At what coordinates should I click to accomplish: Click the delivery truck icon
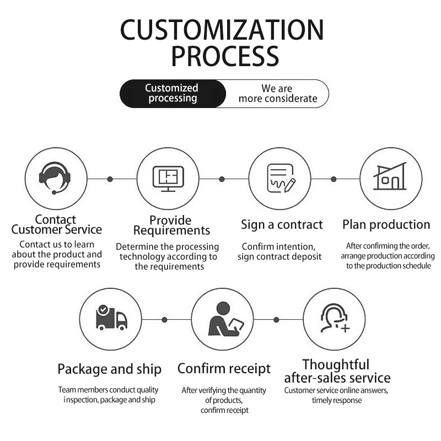point(111,318)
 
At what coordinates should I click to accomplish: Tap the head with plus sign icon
point(334,319)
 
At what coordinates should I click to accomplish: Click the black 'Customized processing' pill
point(172,93)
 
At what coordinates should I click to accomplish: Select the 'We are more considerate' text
point(277,94)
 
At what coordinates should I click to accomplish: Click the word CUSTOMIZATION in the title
point(222,30)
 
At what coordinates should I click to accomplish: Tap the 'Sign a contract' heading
point(282,224)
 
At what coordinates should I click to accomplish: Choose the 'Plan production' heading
point(386,224)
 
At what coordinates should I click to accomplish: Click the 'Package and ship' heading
point(109,369)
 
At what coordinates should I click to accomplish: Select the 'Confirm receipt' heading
point(224,368)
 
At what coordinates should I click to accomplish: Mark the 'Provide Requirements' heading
point(171,225)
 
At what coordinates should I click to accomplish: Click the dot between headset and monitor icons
point(110,179)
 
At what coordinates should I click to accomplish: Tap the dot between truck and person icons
point(164,320)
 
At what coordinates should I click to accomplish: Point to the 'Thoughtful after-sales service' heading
point(337,371)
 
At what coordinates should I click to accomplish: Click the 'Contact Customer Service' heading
point(56,224)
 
